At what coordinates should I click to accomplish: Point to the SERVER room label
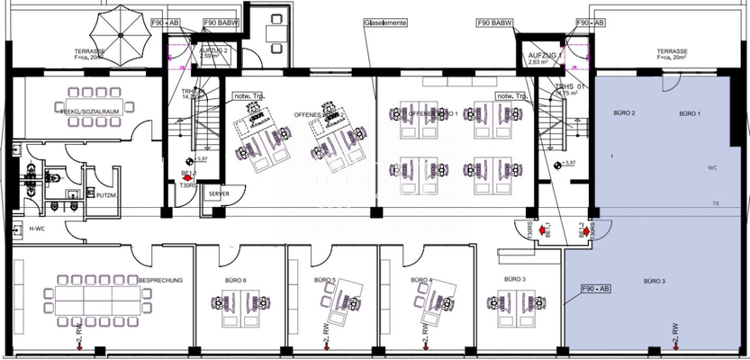pos(218,193)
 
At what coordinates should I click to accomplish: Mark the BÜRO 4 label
pos(418,281)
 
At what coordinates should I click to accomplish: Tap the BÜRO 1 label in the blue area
pos(689,112)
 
